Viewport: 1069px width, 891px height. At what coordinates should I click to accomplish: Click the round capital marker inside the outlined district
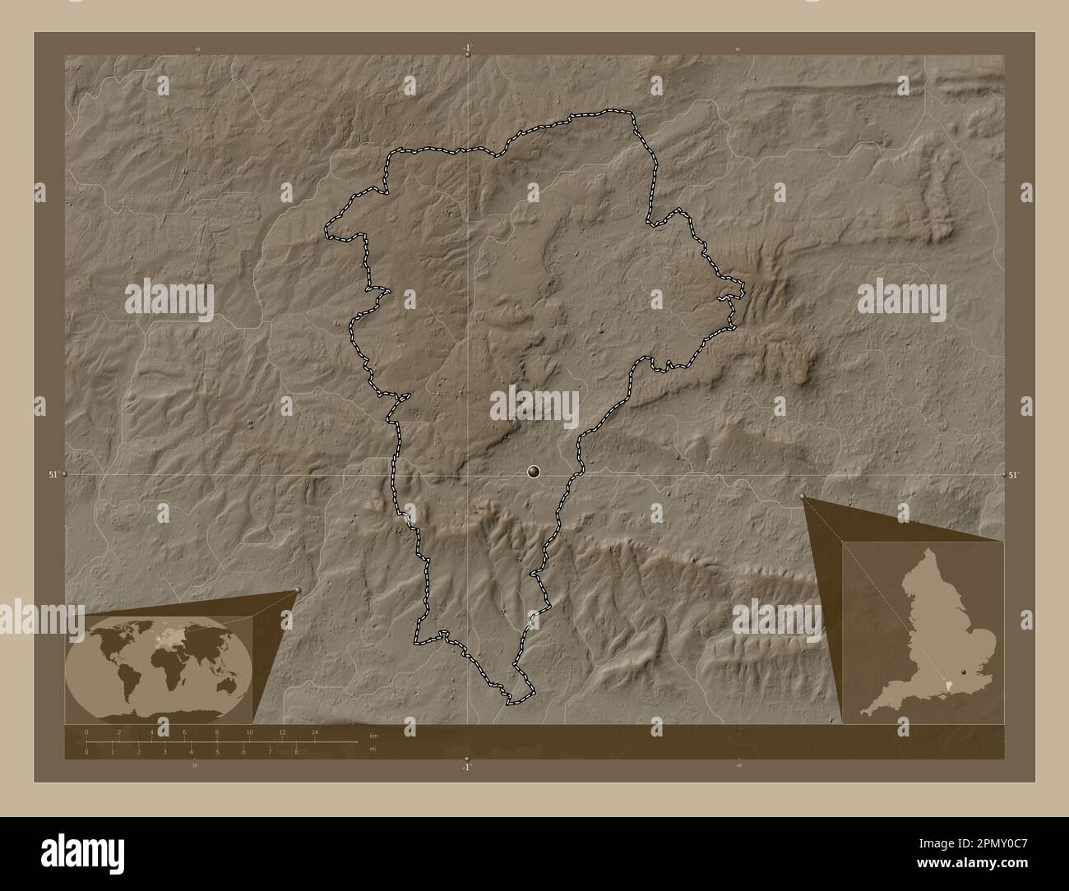click(534, 471)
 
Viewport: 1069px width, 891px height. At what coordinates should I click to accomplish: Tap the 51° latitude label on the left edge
click(53, 474)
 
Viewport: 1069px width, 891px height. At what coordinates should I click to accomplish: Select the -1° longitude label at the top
click(467, 48)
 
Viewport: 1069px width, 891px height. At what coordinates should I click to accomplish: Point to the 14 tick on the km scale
click(314, 732)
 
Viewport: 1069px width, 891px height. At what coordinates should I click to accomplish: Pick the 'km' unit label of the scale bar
click(373, 734)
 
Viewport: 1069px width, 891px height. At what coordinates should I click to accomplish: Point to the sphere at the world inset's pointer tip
click(297, 590)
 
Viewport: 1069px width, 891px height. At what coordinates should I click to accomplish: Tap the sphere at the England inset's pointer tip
click(803, 496)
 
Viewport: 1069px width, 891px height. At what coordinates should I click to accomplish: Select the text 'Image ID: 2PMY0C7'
click(966, 842)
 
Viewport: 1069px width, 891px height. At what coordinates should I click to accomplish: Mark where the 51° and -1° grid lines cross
click(468, 474)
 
